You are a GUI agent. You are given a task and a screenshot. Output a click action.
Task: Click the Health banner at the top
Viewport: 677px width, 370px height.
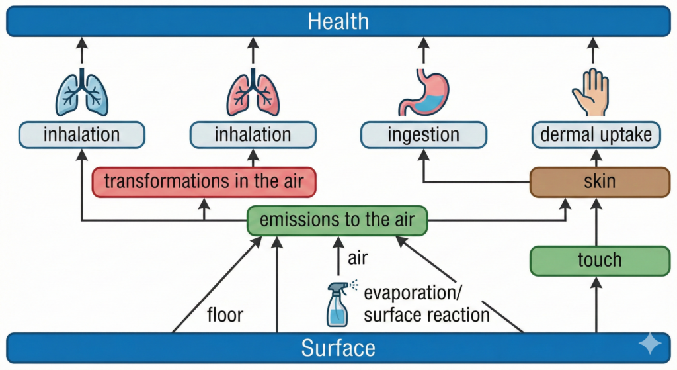click(338, 21)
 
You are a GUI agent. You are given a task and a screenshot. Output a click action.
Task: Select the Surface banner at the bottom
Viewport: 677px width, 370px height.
click(338, 347)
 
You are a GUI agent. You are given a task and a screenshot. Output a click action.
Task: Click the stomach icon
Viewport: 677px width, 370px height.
click(424, 93)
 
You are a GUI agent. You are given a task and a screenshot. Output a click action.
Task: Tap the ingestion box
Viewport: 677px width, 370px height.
click(424, 135)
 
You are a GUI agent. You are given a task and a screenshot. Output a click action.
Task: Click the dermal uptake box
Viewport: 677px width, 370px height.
click(596, 135)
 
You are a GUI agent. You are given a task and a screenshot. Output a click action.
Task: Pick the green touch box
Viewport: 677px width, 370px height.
click(600, 259)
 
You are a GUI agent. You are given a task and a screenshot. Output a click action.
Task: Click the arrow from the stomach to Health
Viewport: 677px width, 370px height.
click(424, 51)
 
